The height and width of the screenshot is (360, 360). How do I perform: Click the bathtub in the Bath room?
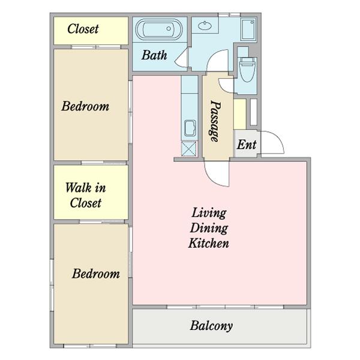[159, 29]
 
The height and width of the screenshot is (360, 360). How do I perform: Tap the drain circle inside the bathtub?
[169, 29]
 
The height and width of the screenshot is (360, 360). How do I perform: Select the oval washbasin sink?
[205, 25]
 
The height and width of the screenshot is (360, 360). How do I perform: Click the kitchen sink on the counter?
[190, 128]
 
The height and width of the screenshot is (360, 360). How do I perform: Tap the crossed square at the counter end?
[189, 149]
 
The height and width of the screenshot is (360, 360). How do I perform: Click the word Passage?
[216, 121]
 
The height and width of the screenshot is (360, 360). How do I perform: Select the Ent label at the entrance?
[247, 145]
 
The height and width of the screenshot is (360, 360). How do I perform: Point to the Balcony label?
[211, 326]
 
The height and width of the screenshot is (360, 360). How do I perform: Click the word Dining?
[209, 228]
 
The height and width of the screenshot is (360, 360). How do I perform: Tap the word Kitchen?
[209, 243]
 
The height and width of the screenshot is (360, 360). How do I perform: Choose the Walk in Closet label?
[86, 195]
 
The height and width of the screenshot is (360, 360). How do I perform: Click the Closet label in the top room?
[83, 29]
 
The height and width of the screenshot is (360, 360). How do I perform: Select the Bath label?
[154, 55]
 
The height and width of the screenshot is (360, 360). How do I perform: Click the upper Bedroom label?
[85, 106]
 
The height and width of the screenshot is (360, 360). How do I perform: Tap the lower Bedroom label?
[96, 274]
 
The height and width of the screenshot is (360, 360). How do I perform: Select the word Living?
[209, 213]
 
